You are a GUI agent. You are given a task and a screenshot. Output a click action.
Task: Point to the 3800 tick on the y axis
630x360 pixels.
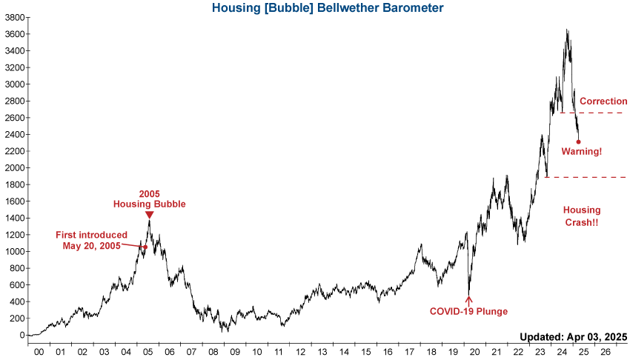[14, 17]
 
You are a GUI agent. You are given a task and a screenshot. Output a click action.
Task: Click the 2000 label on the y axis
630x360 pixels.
[14, 168]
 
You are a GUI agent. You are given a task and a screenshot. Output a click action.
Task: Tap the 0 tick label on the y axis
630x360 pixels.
[21, 335]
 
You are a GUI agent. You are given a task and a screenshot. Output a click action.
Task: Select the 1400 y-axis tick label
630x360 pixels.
[14, 218]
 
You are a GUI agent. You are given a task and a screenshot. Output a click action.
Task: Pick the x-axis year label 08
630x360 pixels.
[213, 352]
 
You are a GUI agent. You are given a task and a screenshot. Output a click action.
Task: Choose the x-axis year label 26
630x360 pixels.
[605, 352]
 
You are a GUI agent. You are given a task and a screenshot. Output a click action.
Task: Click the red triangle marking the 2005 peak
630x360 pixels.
[149, 215]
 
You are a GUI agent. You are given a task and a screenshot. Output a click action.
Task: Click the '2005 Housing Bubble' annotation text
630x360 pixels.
[149, 199]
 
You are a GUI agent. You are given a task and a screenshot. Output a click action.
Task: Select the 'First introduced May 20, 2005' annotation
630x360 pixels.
[91, 240]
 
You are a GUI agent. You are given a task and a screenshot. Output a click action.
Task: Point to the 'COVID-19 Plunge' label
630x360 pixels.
[468, 311]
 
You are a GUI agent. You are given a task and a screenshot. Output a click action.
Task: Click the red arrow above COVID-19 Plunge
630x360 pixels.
[468, 300]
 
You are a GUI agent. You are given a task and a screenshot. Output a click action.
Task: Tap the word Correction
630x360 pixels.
[603, 101]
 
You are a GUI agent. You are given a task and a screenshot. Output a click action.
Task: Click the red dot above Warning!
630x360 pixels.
[578, 141]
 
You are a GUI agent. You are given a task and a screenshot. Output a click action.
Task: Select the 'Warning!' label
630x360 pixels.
[582, 151]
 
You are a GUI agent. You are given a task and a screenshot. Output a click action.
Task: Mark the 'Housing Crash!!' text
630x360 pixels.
[582, 216]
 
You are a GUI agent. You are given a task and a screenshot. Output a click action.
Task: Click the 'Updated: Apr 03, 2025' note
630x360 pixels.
[574, 336]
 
